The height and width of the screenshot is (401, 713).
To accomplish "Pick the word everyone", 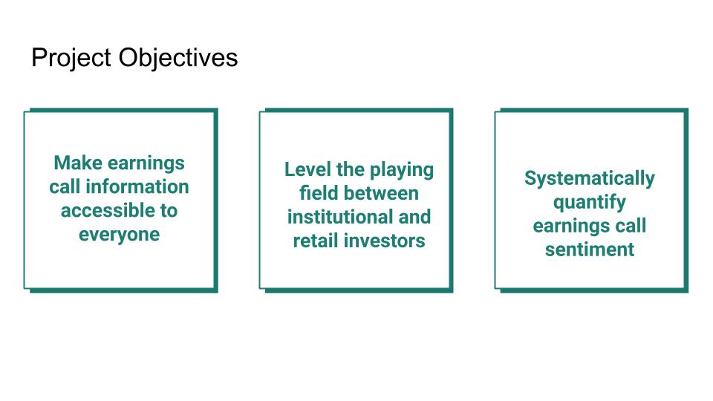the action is [x=120, y=235].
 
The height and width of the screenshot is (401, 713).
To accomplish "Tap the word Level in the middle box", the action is [x=305, y=169].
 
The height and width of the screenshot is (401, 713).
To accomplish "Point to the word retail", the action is [x=316, y=241].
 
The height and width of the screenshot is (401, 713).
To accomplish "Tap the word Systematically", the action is [x=590, y=178].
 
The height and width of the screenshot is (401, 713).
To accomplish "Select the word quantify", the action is [x=590, y=203].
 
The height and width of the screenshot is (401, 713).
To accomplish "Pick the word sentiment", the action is [x=590, y=250].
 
